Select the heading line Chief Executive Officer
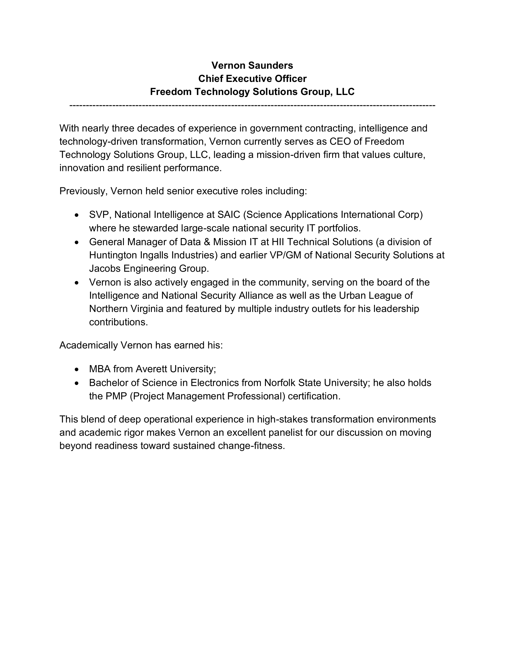252,79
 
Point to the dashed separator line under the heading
252,105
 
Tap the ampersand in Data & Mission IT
207,242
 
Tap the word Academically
89,345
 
